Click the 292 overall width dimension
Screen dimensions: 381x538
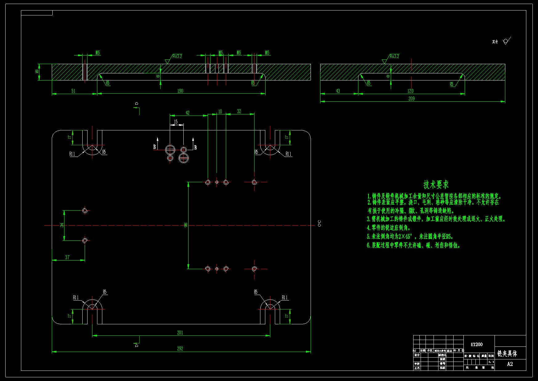[180, 349]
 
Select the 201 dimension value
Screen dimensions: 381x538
[180, 333]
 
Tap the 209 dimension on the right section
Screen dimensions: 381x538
[411, 99]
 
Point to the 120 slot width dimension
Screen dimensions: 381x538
[410, 91]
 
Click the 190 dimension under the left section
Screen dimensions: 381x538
[180, 91]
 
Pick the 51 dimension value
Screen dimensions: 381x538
[73, 91]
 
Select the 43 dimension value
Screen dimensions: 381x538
[338, 91]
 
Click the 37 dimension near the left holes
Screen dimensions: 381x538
[67, 257]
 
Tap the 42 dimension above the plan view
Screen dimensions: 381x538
[187, 113]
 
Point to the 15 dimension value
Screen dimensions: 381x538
[176, 122]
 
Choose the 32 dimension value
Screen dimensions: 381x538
[239, 111]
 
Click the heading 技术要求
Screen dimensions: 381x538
[436, 185]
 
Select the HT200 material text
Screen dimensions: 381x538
[477, 344]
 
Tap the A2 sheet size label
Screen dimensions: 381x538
[510, 364]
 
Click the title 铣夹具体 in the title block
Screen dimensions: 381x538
[507, 354]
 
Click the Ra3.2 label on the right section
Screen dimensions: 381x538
[394, 56]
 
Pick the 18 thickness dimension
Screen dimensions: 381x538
[37, 72]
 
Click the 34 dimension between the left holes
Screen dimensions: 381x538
[62, 225]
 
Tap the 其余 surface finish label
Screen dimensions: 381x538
[495, 42]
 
